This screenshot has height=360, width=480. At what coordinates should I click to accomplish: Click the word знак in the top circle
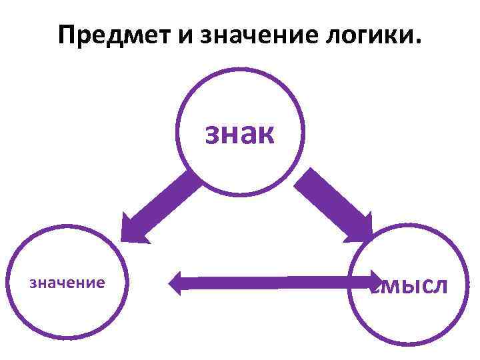[x=239, y=133]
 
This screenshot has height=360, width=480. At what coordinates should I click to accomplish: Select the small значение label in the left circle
[x=67, y=283]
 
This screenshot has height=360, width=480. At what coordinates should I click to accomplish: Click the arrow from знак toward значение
[x=160, y=206]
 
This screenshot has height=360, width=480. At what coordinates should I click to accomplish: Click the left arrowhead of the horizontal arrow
[x=176, y=283]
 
